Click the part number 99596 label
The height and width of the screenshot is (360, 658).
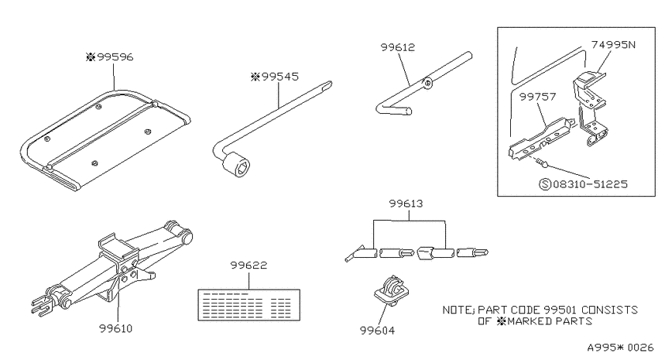tap(109, 57)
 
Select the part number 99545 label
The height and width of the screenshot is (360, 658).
tap(275, 77)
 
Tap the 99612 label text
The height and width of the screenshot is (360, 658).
tap(397, 47)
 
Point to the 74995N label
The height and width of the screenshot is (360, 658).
tap(614, 44)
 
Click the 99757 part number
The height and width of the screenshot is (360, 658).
tap(537, 97)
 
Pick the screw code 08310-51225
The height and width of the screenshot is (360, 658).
tap(590, 183)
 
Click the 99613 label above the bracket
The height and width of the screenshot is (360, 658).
tap(406, 204)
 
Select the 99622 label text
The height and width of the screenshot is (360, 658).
tap(248, 266)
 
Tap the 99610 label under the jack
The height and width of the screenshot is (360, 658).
tap(115, 328)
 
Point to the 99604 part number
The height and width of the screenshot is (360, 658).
tap(377, 331)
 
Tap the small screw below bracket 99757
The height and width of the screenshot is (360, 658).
tap(541, 162)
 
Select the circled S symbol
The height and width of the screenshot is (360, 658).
tap(545, 184)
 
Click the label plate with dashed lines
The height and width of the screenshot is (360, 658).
tap(248, 305)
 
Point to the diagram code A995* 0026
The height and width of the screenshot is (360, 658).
tap(620, 348)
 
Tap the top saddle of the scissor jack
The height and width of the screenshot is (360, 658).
tap(118, 245)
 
